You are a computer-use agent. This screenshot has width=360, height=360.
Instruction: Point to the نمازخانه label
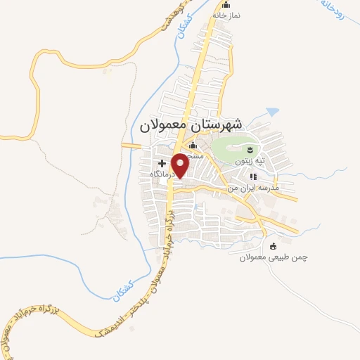pyautogui.click(x=226, y=15)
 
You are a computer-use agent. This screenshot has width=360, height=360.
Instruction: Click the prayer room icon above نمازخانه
pyautogui.click(x=226, y=6)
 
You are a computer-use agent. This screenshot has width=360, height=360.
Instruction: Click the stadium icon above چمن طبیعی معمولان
pyautogui.click(x=274, y=246)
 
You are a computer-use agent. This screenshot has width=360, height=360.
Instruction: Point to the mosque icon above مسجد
pyautogui.click(x=193, y=146)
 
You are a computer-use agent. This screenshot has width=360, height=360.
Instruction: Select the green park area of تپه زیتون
pyautogui.click(x=229, y=148)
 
